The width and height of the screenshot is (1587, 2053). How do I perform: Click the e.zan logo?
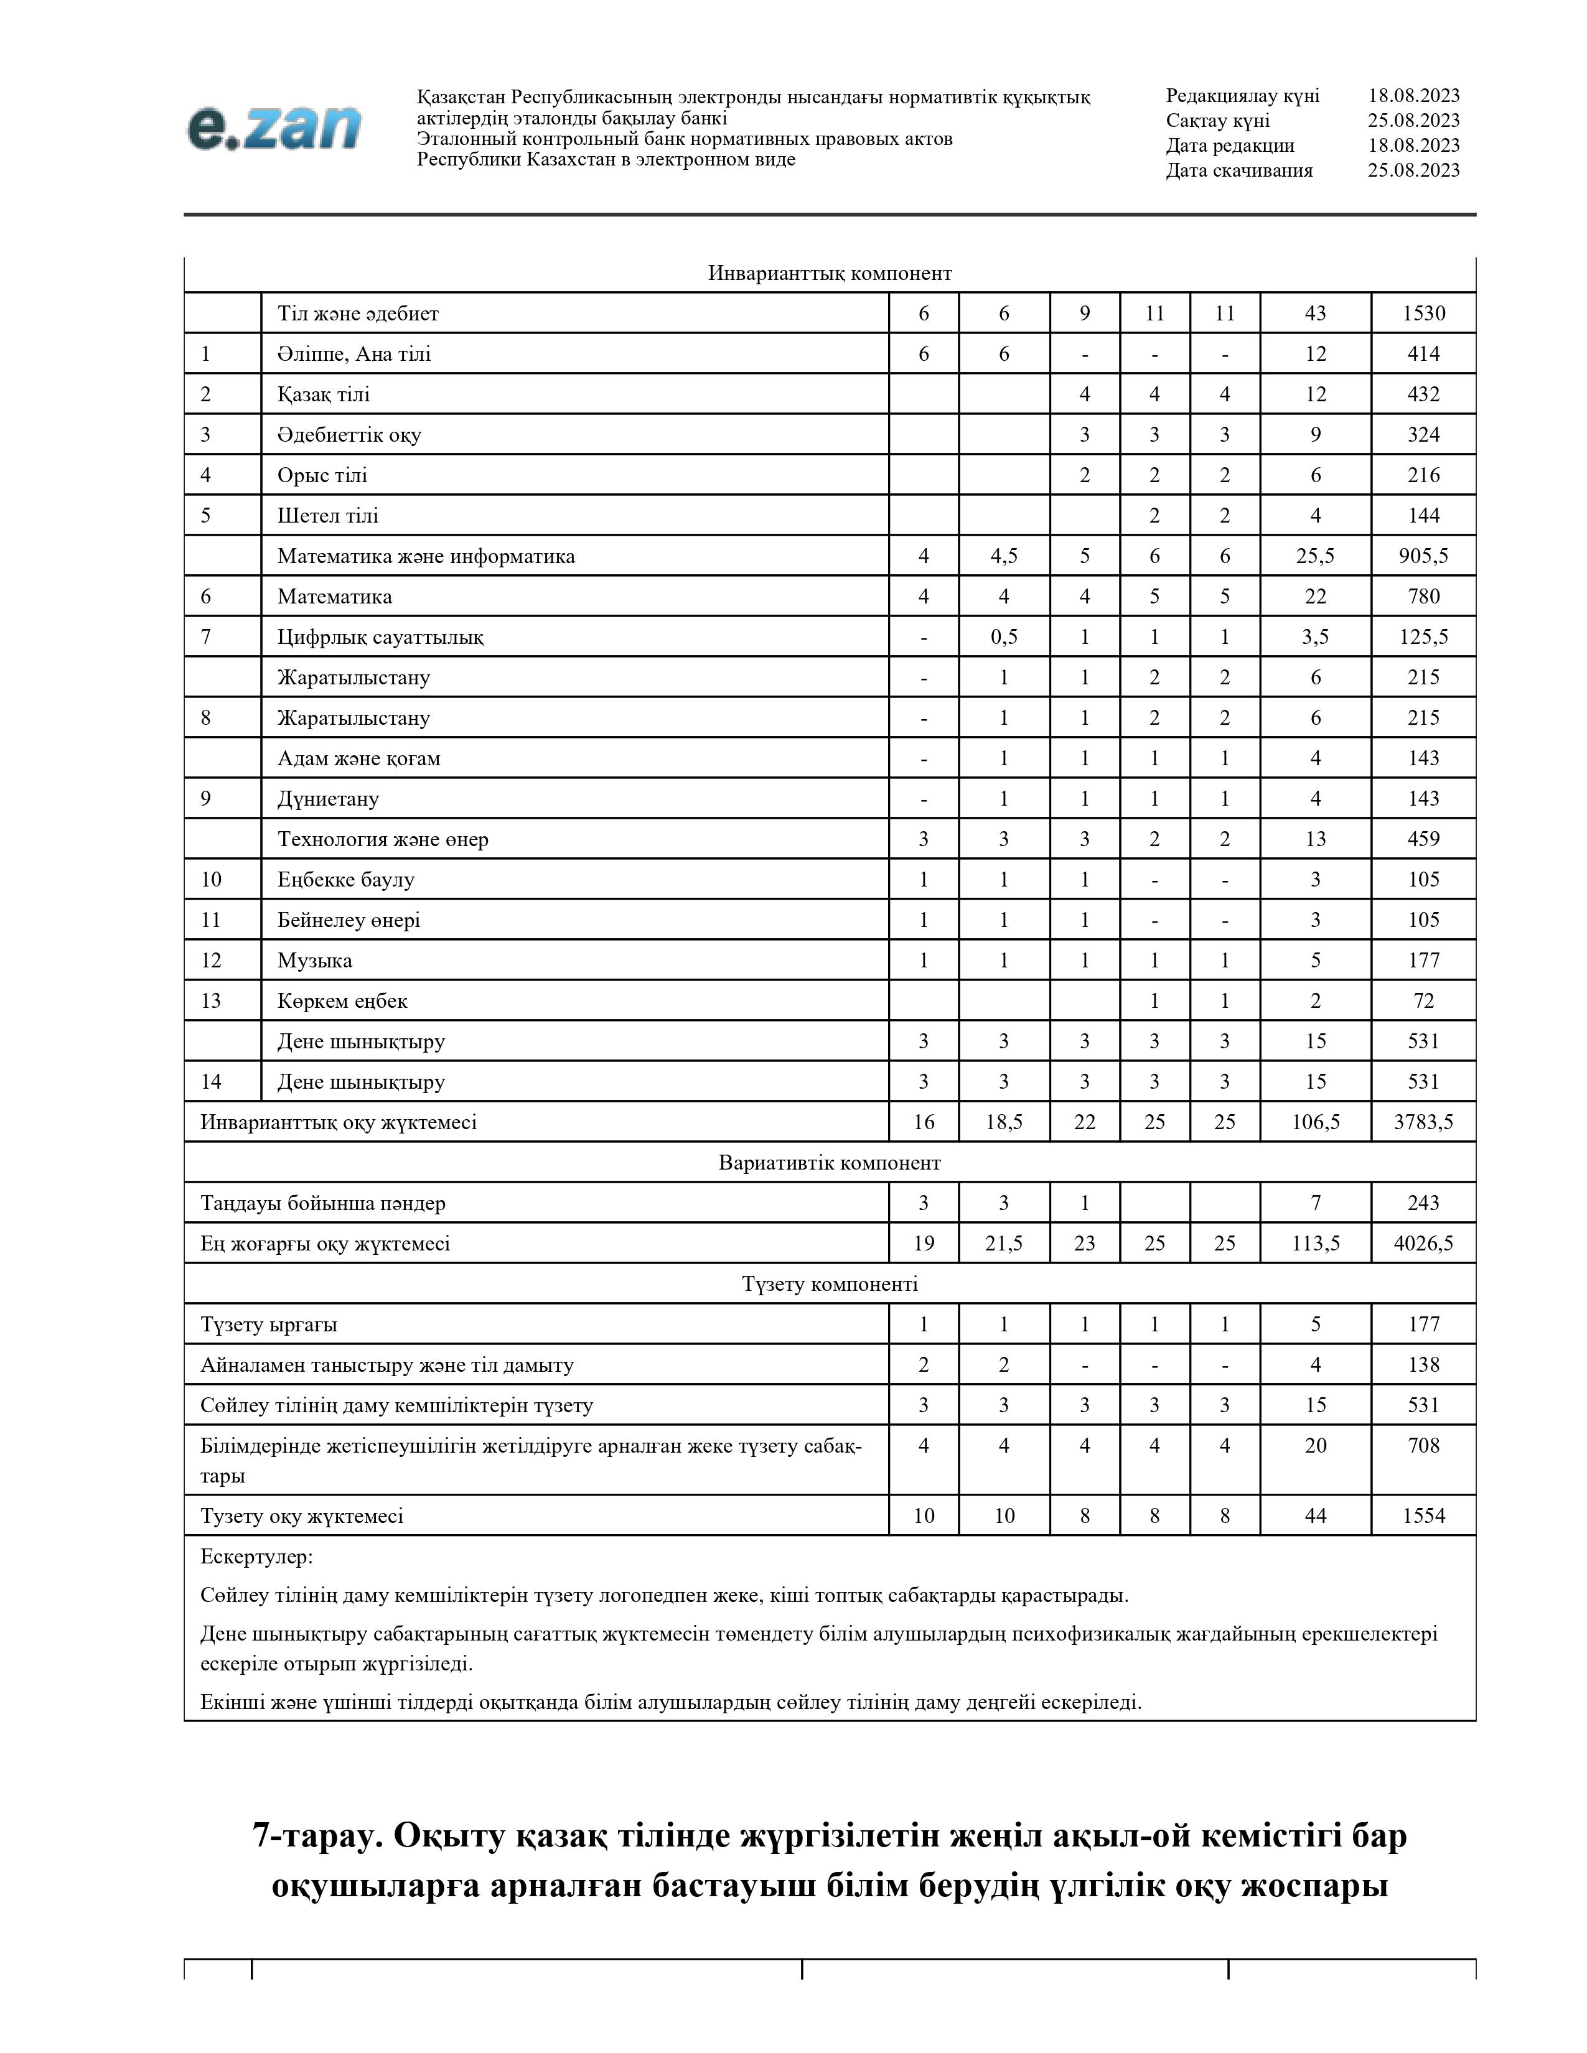click(x=274, y=128)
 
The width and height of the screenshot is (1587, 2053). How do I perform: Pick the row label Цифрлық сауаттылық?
click(x=380, y=637)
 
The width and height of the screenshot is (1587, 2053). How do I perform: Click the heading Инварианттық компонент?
click(x=829, y=274)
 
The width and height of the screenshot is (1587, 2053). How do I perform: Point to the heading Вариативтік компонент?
click(x=829, y=1163)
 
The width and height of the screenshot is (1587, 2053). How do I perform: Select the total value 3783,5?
click(x=1423, y=1122)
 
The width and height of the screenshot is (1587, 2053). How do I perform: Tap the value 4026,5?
click(x=1423, y=1244)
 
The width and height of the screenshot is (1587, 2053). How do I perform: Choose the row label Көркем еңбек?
click(x=342, y=1001)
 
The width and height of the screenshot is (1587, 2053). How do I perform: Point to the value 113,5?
click(x=1314, y=1244)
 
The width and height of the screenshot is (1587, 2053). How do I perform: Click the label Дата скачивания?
click(x=1239, y=170)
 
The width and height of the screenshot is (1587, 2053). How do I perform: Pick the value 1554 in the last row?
click(x=1423, y=1515)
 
